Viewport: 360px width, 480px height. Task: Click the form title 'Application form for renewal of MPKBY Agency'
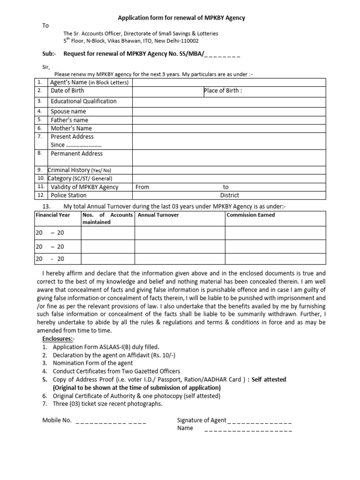[181, 18]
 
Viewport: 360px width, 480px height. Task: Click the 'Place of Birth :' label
[223, 91]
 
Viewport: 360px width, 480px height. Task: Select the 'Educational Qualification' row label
[83, 101]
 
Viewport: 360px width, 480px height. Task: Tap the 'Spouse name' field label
[68, 112]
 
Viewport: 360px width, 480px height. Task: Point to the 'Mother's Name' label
[71, 128]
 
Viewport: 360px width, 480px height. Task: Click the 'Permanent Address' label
[76, 153]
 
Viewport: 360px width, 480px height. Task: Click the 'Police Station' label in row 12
[68, 195]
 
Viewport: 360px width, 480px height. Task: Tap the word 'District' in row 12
[229, 195]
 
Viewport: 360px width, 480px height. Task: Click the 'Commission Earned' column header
[251, 215]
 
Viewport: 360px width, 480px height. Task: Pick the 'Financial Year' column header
[53, 215]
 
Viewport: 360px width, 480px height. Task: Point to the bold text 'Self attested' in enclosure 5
[269, 379]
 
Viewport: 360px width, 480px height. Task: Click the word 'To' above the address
[45, 26]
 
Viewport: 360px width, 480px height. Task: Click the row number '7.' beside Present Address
[40, 136]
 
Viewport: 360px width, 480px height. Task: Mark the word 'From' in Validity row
[142, 187]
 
